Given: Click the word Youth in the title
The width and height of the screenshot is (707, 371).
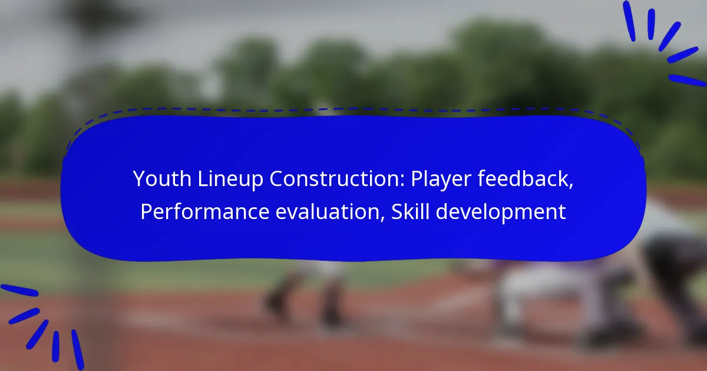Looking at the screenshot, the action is [x=162, y=178].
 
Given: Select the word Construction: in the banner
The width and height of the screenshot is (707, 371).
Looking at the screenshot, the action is [x=337, y=178].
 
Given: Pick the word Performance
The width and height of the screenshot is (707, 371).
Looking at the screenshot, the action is [x=205, y=211].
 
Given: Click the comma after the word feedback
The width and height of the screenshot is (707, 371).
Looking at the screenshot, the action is [x=571, y=187].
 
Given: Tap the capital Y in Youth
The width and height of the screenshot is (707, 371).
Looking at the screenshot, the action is [x=140, y=179].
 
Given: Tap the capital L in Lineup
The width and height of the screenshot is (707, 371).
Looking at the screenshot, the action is [x=203, y=179].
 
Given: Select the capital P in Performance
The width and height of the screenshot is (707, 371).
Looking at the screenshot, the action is [x=147, y=211].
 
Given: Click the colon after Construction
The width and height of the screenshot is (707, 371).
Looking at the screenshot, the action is [x=403, y=181].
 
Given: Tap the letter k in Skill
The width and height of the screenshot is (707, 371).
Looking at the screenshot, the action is [x=412, y=211].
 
